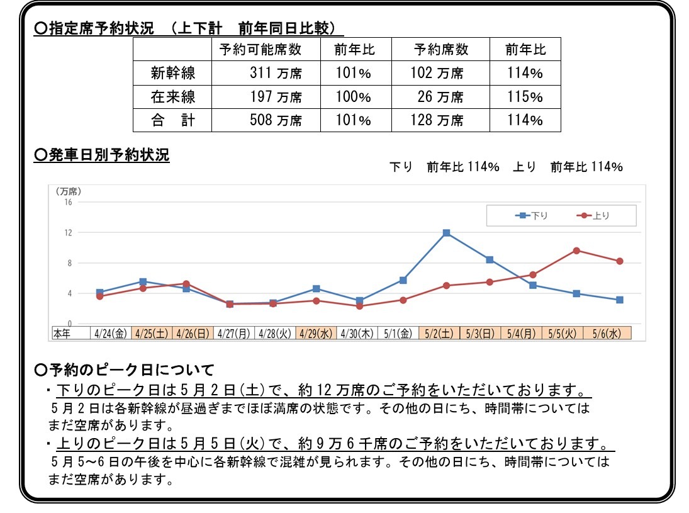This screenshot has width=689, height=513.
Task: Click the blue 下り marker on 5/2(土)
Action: pyautogui.click(x=446, y=233)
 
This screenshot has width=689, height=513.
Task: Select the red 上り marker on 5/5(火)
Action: pyautogui.click(x=576, y=251)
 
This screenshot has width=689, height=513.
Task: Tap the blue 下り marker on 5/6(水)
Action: pyautogui.click(x=620, y=300)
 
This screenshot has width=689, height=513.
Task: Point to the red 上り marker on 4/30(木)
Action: pyautogui.click(x=359, y=306)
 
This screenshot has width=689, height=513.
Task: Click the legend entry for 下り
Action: pyautogui.click(x=532, y=216)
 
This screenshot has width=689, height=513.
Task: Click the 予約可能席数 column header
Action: pyautogui.click(x=260, y=50)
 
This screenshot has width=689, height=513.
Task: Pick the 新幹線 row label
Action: pyautogui.click(x=172, y=73)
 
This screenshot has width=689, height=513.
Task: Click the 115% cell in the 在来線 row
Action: pyautogui.click(x=525, y=97)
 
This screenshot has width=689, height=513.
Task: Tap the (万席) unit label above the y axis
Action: pyautogui.click(x=68, y=191)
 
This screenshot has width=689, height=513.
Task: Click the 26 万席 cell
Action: pyautogui.click(x=440, y=97)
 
